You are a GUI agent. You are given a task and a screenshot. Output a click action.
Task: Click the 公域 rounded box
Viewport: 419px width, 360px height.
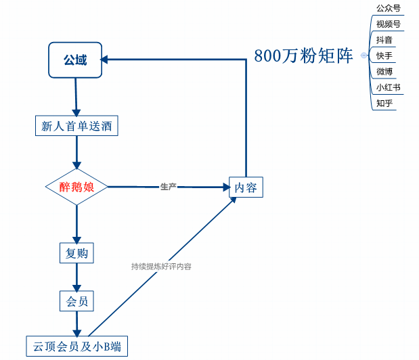pyautogui.click(x=75, y=60)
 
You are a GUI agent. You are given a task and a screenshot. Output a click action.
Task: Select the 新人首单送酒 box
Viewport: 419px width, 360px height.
pyautogui.click(x=76, y=126)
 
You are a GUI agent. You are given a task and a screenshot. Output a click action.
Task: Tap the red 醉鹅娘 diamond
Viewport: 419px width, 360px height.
pyautogui.click(x=76, y=187)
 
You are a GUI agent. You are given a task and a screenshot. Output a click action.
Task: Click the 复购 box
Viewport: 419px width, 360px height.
pyautogui.click(x=76, y=254)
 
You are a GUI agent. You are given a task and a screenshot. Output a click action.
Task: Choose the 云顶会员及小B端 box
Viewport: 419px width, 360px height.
pyautogui.click(x=76, y=346)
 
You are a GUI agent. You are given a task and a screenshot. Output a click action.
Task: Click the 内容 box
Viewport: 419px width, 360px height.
pyautogui.click(x=246, y=187)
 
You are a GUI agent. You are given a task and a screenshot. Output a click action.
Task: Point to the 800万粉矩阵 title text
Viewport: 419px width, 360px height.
pyautogui.click(x=304, y=56)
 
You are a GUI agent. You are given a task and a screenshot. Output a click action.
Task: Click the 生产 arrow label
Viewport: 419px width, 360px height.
pyautogui.click(x=169, y=186)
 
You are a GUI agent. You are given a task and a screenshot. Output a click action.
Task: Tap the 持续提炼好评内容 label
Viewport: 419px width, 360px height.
pyautogui.click(x=161, y=267)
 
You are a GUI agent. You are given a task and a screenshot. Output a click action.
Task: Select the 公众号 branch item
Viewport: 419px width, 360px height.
pyautogui.click(x=388, y=9)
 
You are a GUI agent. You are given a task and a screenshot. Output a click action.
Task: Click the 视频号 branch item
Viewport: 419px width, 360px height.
pyautogui.click(x=388, y=24)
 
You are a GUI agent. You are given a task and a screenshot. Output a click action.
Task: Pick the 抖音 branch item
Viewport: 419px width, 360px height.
pyautogui.click(x=384, y=40)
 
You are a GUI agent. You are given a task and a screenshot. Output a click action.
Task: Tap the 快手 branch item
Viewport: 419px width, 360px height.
pyautogui.click(x=384, y=55)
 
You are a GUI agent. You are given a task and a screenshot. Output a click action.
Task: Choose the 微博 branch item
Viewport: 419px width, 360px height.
pyautogui.click(x=384, y=71)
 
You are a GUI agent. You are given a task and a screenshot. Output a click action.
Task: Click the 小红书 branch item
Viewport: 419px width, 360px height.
pyautogui.click(x=388, y=87)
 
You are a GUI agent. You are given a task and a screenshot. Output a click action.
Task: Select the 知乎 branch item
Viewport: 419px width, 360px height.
pyautogui.click(x=384, y=103)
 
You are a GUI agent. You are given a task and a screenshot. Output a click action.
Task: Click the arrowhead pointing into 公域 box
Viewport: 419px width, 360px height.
pyautogui.click(x=106, y=60)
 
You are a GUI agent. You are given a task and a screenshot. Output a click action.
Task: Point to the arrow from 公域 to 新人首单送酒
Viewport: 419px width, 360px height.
pyautogui.click(x=76, y=97)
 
